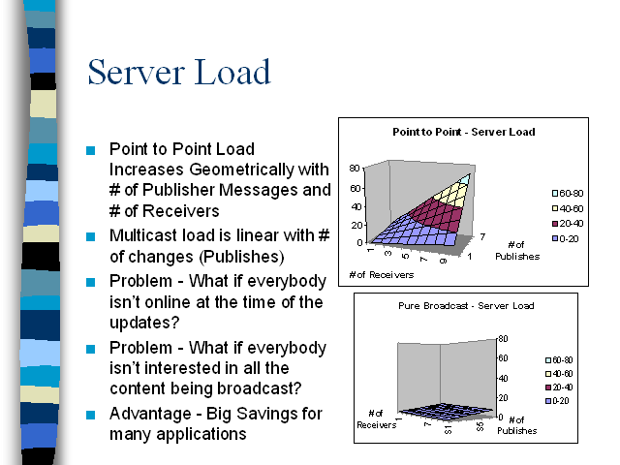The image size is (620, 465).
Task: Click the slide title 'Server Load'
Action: point(178,74)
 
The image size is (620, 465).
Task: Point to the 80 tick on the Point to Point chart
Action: point(356,169)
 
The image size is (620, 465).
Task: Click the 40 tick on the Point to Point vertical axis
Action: point(356,205)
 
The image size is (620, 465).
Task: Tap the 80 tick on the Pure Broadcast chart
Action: point(504,338)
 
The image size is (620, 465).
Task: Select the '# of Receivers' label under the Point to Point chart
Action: point(381,275)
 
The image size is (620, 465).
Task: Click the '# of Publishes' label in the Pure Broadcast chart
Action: point(516,425)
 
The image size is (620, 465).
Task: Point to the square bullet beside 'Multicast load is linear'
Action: point(91,236)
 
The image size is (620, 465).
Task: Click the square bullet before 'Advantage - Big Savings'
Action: point(91,415)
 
